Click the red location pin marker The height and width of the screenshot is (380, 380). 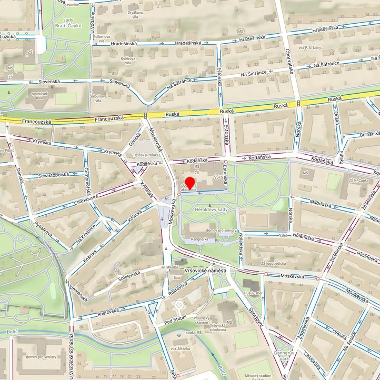coord(190,184)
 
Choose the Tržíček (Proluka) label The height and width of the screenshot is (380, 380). coord(145,155)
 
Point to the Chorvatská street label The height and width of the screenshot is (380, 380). coord(288,62)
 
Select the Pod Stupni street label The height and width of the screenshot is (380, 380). coord(175,320)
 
